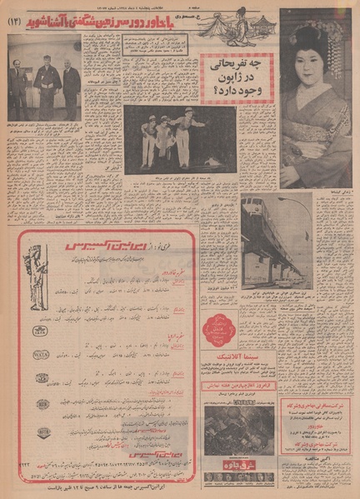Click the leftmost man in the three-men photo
(19, 87)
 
